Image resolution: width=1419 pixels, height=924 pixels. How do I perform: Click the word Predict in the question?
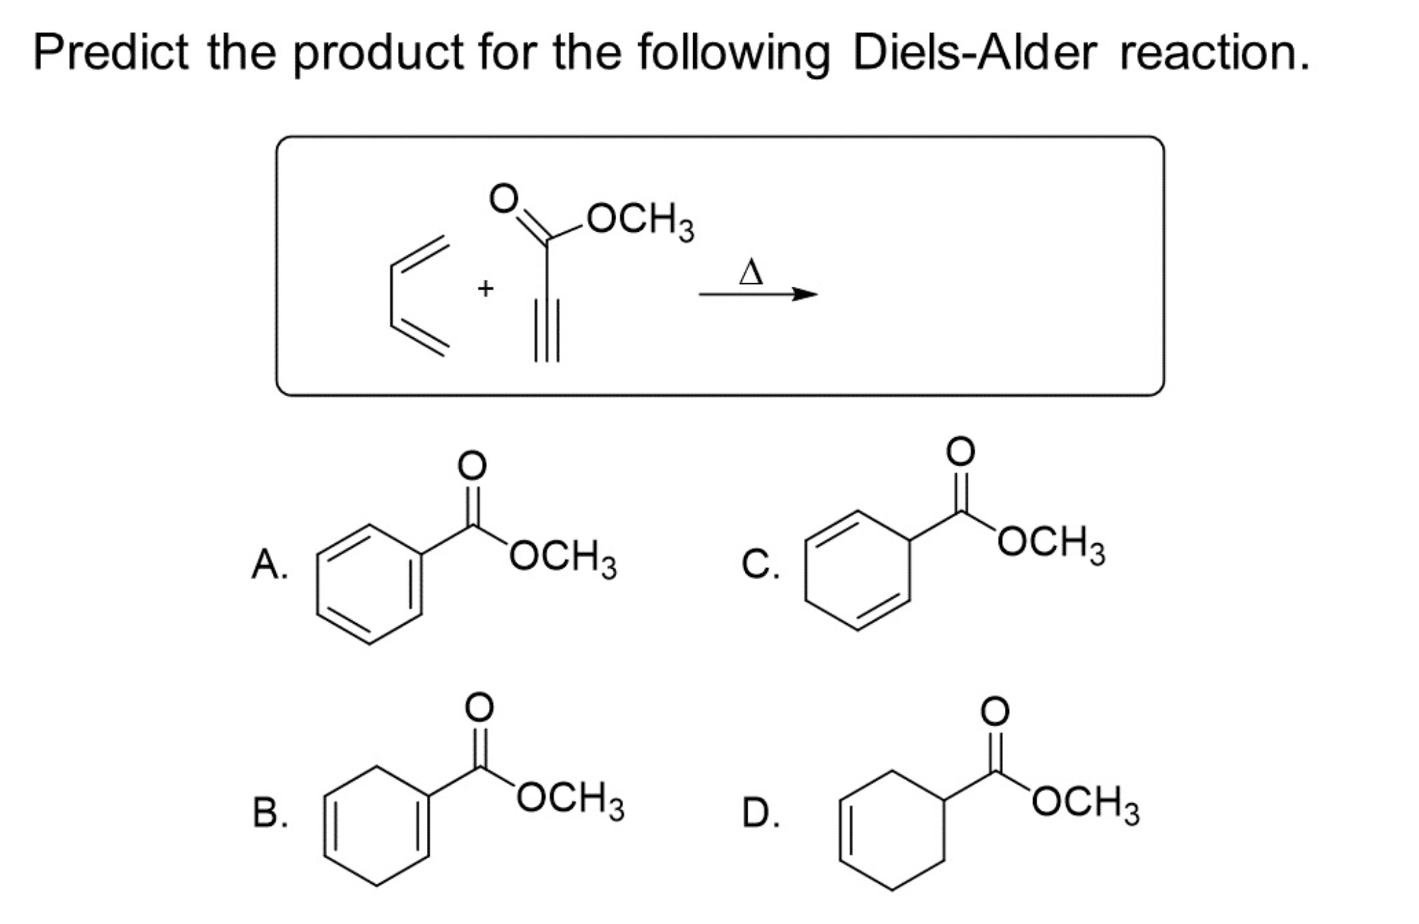[110, 52]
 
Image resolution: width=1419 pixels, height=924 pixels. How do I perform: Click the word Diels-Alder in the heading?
[975, 52]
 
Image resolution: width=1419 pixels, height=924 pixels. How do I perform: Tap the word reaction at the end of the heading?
[1214, 52]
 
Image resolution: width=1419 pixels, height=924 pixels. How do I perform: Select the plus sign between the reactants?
[485, 288]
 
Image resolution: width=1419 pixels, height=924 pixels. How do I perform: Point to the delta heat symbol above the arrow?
[750, 272]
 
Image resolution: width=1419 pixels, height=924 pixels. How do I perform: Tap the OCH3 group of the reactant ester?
[640, 221]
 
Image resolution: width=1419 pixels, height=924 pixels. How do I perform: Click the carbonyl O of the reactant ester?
[504, 199]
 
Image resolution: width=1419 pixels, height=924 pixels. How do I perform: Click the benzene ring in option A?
[370, 584]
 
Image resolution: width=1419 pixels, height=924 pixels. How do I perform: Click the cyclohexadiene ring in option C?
[857, 569]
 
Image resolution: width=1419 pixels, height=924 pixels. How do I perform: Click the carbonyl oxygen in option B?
[478, 706]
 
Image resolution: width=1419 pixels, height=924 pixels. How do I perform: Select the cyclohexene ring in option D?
[893, 829]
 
